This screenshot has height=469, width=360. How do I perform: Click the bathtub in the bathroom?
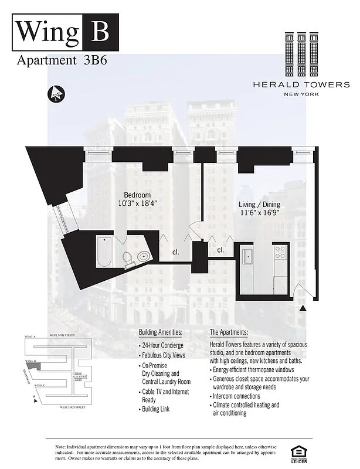pos(104,252)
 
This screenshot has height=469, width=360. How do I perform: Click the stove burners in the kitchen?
pos(280,253)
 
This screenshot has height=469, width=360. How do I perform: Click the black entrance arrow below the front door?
pos(303,308)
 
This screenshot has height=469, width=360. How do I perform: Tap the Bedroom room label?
pos(137,195)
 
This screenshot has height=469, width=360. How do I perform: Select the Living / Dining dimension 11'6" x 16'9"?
pos(259,214)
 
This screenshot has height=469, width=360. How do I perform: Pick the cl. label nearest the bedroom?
pos(175,252)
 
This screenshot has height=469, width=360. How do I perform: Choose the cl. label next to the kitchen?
pos(221,250)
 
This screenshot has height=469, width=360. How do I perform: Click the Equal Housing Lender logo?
pos(299,452)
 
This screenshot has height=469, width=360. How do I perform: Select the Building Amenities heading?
pos(160,332)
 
